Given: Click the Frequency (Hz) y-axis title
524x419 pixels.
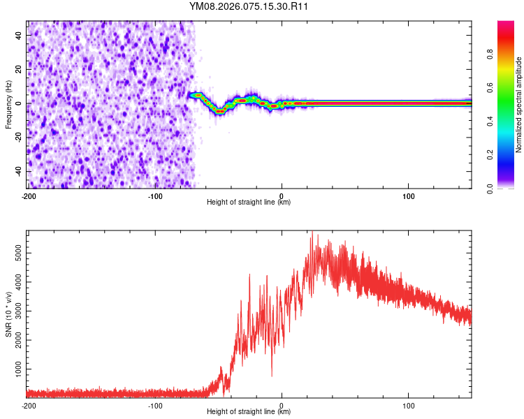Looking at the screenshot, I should tap(8, 105).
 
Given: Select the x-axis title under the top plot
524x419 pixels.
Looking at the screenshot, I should tap(249, 202).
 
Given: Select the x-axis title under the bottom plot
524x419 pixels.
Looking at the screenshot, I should tap(249, 411).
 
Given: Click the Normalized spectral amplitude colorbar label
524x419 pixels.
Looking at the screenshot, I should tap(518, 105).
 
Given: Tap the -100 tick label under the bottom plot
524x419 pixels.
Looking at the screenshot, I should tap(155, 405).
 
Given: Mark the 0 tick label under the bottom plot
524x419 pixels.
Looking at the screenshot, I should tap(282, 405).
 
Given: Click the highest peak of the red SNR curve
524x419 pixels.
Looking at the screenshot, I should tap(312, 233).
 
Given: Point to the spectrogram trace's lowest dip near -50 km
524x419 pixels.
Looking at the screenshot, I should tap(219, 111).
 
